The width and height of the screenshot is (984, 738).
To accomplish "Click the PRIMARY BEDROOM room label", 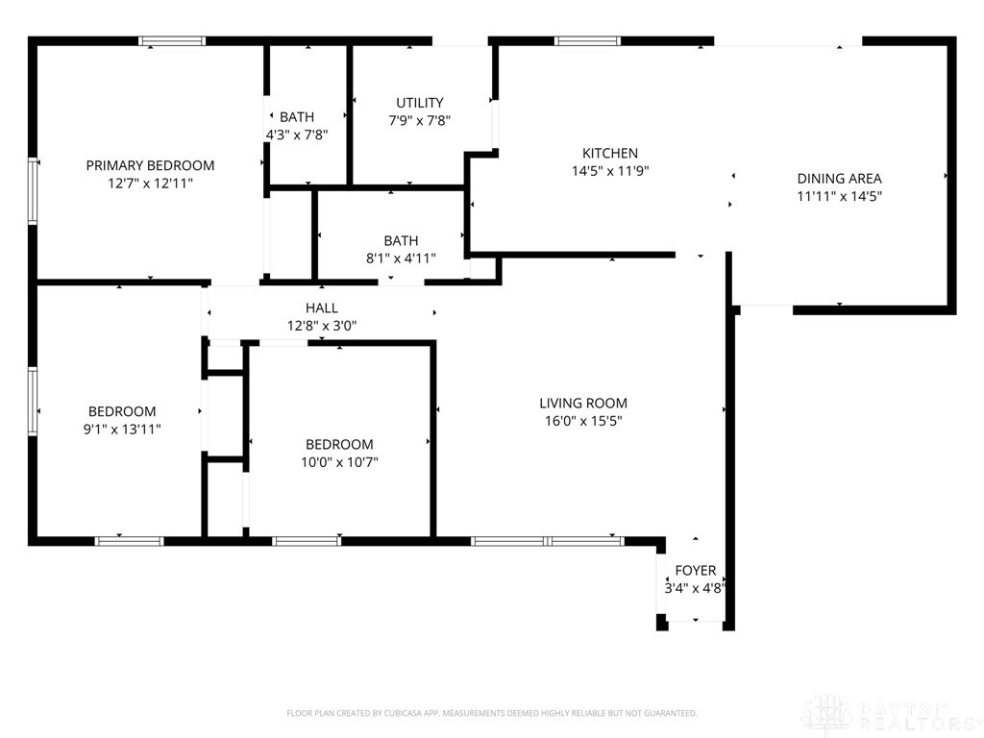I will pyautogui.click(x=150, y=165).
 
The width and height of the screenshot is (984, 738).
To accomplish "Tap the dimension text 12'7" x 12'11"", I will pyautogui.click(x=150, y=183).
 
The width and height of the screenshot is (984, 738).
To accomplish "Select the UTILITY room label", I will pyautogui.click(x=420, y=103).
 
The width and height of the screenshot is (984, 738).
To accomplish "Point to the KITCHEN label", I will pyautogui.click(x=610, y=153).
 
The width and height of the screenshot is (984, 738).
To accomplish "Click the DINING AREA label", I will pyautogui.click(x=839, y=178).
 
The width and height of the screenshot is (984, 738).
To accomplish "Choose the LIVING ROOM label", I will pyautogui.click(x=582, y=404).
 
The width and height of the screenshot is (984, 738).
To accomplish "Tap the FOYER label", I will pyautogui.click(x=695, y=571).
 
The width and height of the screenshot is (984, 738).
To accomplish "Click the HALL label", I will pyautogui.click(x=322, y=307).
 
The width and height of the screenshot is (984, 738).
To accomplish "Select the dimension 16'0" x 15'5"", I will pyautogui.click(x=582, y=421).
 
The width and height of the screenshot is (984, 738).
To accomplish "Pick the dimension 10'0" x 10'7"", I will pyautogui.click(x=339, y=462).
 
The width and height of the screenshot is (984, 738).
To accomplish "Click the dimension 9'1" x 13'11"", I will pyautogui.click(x=122, y=430).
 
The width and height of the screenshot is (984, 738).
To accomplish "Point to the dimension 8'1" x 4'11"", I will pyautogui.click(x=401, y=258).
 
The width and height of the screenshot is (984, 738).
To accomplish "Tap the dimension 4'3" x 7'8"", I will pyautogui.click(x=297, y=135).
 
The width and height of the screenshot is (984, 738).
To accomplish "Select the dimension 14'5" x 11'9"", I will pyautogui.click(x=610, y=171).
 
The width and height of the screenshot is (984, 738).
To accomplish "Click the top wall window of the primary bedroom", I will pyautogui.click(x=173, y=41).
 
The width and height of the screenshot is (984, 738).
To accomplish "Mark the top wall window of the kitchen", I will pyautogui.click(x=588, y=41).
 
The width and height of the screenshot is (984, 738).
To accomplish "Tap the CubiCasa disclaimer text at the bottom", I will pyautogui.click(x=491, y=713).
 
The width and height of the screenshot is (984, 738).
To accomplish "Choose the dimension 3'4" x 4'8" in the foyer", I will pyautogui.click(x=695, y=589).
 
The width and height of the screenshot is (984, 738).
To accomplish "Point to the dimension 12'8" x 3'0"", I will pyautogui.click(x=322, y=326).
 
